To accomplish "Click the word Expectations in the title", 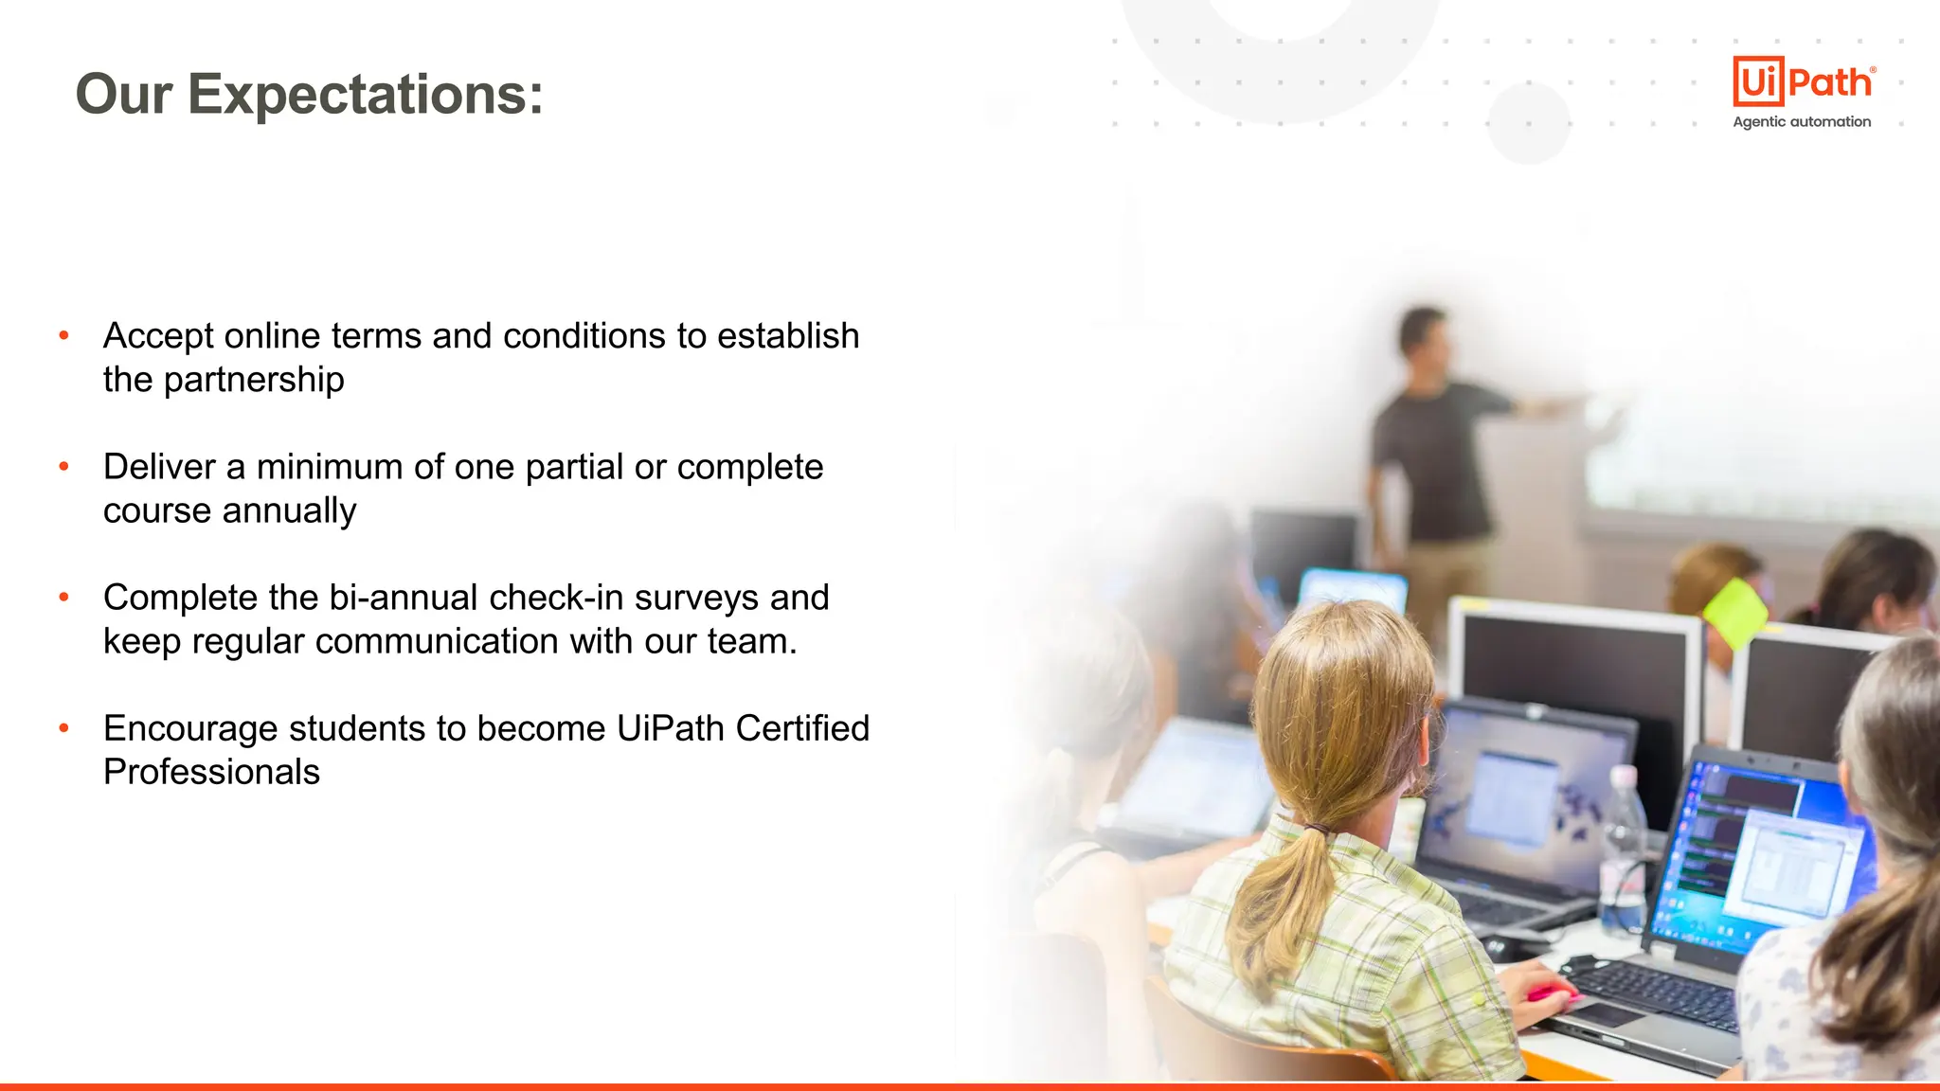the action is click(366, 95).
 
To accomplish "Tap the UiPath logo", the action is click(1802, 81).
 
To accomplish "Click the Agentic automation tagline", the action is click(1802, 122).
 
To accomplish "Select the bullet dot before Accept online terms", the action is click(64, 335).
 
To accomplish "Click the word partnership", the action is click(254, 380).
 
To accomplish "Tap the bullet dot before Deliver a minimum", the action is click(64, 466).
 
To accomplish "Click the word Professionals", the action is click(211, 772).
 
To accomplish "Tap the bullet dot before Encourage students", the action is click(64, 727).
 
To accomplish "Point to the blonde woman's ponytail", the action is click(1288, 890).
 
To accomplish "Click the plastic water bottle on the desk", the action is click(1622, 852).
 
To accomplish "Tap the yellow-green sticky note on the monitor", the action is click(1735, 611).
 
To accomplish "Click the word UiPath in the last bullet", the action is click(671, 728).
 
